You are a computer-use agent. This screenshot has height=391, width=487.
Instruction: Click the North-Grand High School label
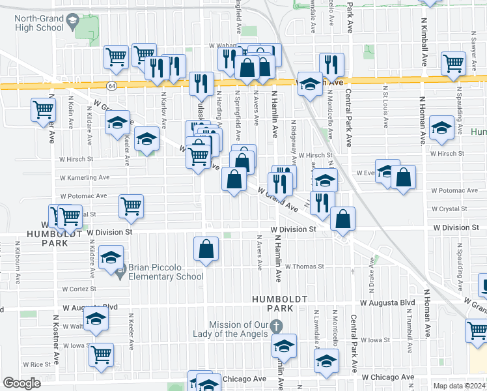point(39,23)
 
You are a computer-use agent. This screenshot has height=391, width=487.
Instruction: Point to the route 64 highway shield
point(113,85)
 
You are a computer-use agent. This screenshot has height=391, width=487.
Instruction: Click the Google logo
point(21,383)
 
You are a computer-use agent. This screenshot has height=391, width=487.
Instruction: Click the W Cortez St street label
point(79,288)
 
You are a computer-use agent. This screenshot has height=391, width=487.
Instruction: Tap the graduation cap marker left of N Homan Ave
point(441,128)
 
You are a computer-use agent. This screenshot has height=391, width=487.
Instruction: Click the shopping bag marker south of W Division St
point(206,248)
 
